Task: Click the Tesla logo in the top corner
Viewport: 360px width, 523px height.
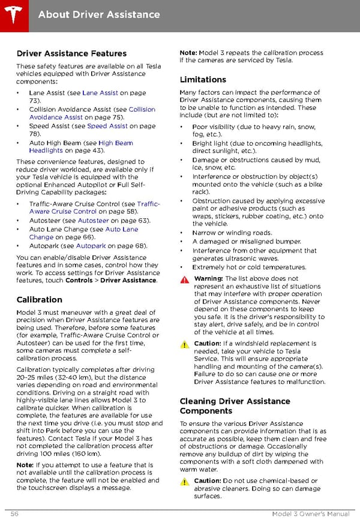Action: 13,13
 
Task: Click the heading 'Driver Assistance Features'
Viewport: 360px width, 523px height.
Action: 71,53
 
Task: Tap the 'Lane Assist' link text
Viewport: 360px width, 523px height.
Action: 100,93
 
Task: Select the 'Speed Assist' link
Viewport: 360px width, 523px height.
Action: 107,127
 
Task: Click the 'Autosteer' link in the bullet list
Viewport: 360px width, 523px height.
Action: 93,221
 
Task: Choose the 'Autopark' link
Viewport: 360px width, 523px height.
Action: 91,246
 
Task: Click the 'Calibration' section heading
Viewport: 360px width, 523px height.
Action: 39,299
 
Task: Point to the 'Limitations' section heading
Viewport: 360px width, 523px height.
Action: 203,79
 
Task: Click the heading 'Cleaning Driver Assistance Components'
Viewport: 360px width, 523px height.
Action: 235,406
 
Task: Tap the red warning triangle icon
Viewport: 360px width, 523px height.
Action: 184,280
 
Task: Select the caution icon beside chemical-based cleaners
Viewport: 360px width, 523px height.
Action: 184,482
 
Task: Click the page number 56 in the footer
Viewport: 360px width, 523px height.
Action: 14,515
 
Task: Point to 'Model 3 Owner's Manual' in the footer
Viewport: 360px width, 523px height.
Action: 310,515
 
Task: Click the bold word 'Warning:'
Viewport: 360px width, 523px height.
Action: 208,279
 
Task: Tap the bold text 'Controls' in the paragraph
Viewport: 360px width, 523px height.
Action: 79,280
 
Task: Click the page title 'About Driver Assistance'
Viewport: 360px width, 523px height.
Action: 99,14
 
